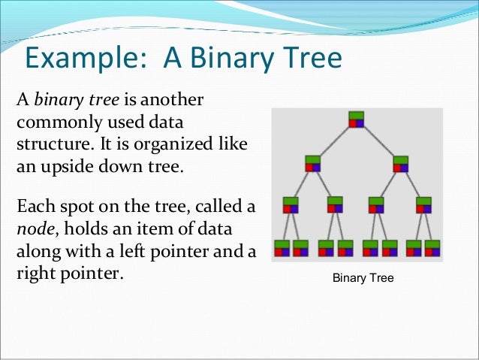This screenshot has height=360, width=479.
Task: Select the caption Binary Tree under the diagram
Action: click(x=363, y=278)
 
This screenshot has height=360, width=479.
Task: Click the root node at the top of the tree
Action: click(x=356, y=119)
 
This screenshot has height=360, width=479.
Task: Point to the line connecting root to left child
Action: click(x=334, y=141)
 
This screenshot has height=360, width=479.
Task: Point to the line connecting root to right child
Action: click(x=378, y=141)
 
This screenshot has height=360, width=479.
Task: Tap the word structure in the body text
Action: click(x=47, y=143)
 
